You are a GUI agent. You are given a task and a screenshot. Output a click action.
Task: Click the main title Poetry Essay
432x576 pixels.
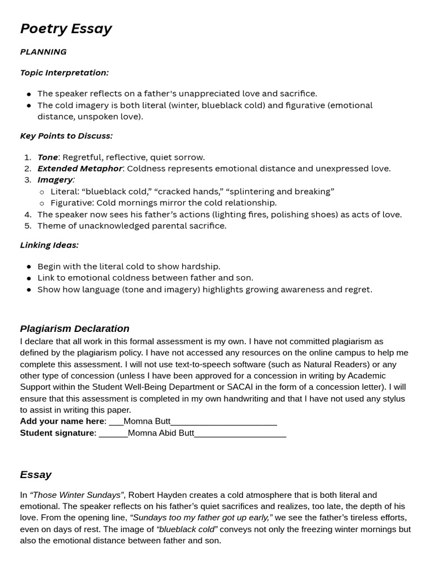66,29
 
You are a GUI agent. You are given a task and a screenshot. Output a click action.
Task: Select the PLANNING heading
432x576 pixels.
43,52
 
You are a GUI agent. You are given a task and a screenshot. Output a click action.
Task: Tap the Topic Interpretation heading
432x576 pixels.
64,73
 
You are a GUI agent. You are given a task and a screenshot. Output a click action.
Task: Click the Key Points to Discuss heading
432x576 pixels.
66,136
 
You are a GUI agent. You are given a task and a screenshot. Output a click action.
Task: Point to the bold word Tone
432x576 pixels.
47,157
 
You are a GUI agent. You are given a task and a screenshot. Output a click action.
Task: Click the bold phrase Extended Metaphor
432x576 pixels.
79,169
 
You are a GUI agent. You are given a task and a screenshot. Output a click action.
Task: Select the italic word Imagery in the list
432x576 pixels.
55,180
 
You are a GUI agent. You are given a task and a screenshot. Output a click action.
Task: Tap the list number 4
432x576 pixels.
28,214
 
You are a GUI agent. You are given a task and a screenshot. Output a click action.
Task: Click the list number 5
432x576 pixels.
28,226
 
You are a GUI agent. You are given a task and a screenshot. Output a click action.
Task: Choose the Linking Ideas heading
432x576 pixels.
49,245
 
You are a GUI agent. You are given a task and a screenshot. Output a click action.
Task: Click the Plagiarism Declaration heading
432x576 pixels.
74,328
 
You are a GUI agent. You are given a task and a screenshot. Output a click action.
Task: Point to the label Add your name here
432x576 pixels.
62,421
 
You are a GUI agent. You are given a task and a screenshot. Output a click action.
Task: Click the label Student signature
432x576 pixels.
57,433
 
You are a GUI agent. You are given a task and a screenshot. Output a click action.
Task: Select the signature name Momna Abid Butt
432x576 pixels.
161,433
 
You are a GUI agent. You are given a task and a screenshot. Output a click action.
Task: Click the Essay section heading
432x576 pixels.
35,475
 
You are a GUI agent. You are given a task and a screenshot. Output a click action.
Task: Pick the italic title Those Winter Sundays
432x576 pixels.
76,495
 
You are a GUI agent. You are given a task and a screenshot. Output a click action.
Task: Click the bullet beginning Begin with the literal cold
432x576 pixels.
129,267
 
